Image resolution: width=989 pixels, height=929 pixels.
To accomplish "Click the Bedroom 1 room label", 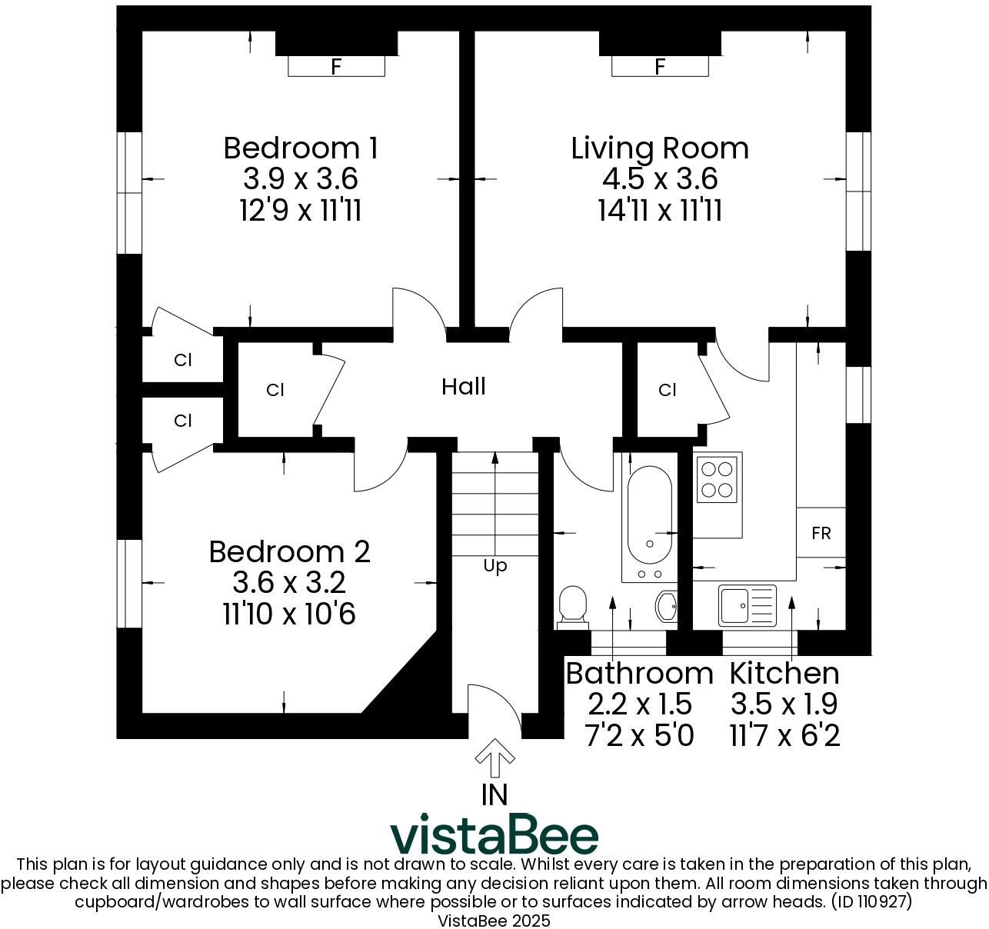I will (300, 148).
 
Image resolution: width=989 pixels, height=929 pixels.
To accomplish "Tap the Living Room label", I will (660, 148).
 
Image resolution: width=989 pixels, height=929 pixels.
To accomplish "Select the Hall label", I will (464, 386).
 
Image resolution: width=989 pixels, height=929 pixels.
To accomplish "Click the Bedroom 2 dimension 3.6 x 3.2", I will (289, 583).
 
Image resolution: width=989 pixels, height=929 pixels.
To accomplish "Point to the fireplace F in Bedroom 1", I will (336, 67).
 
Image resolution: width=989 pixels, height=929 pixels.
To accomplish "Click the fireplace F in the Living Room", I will (660, 67).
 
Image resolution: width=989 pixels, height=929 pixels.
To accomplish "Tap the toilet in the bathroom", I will (572, 604).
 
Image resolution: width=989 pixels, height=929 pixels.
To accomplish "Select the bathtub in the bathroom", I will (649, 515).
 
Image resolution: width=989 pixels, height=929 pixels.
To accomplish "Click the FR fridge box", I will (821, 533).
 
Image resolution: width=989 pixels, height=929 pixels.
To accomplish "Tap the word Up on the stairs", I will (495, 567).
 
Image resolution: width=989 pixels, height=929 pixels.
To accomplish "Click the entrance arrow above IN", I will (494, 760).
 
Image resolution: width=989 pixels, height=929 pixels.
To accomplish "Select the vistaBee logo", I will (494, 835).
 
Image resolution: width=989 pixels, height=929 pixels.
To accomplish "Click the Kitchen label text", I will (784, 673).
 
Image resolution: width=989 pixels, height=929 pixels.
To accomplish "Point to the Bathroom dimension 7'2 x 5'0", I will (639, 736).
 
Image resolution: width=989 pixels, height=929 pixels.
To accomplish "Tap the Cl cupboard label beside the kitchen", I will (667, 391).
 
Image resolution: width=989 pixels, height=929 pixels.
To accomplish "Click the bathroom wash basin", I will (667, 606).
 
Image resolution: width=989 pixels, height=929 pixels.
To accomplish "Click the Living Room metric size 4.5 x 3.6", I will (660, 179).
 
